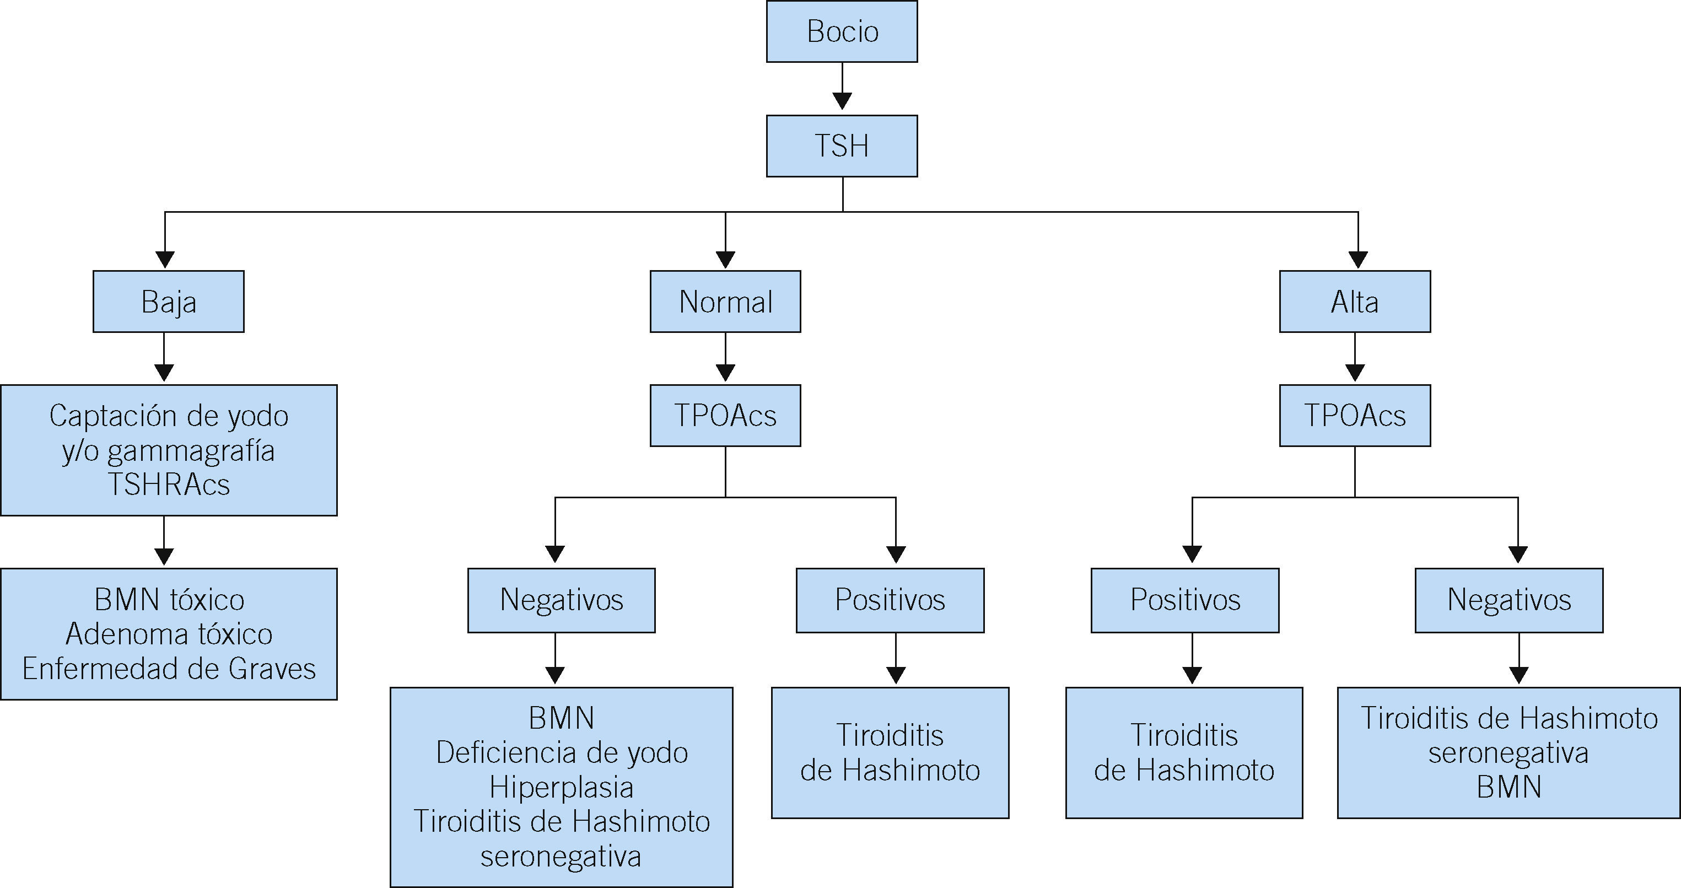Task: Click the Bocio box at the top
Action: (842, 31)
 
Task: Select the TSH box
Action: (842, 146)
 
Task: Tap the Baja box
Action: (168, 302)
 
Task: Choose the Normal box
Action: (725, 302)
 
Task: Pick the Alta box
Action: (1355, 302)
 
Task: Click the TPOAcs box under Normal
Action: (725, 416)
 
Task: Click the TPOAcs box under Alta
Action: (1355, 416)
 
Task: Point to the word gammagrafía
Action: (191, 451)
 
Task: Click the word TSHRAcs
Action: (168, 485)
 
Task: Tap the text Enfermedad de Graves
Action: (168, 669)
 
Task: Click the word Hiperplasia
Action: (561, 787)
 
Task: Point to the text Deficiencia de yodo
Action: (561, 753)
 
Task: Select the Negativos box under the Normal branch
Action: (561, 600)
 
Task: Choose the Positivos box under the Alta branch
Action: (1185, 600)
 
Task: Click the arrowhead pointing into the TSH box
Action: (842, 101)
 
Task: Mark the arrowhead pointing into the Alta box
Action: (1358, 259)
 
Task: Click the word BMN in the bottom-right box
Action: (1508, 787)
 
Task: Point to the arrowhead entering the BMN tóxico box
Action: (164, 557)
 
